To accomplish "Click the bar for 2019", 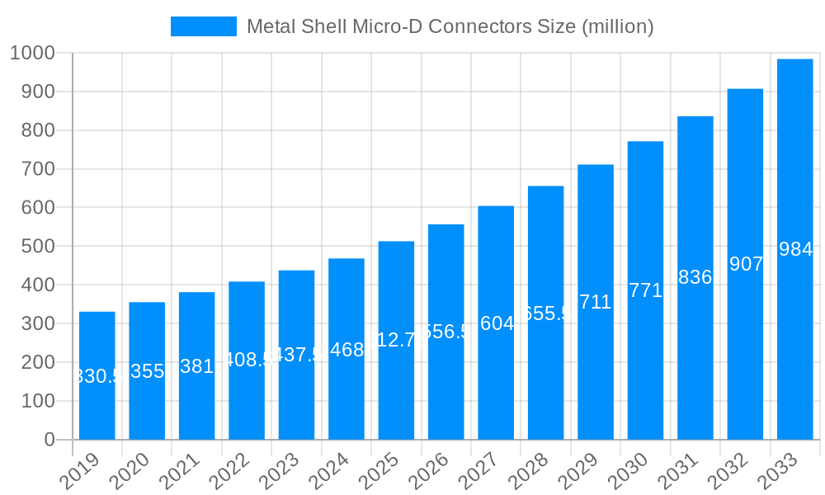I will pyautogui.click(x=97, y=375).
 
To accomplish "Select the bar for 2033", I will pyautogui.click(x=794, y=249).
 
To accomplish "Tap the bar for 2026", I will pyautogui.click(x=445, y=332).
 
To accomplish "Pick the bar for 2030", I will pyautogui.click(x=645, y=290).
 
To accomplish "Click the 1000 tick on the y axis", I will pyautogui.click(x=32, y=54).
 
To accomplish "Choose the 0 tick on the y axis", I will pyautogui.click(x=49, y=440).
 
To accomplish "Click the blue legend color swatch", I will pyautogui.click(x=203, y=26).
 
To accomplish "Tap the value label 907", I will pyautogui.click(x=746, y=264).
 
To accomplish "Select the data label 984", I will pyautogui.click(x=795, y=249).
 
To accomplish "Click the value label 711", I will pyautogui.click(x=596, y=302).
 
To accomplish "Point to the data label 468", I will pyautogui.click(x=346, y=349).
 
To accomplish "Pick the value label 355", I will pyautogui.click(x=147, y=371).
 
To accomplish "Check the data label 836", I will pyautogui.click(x=695, y=277).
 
